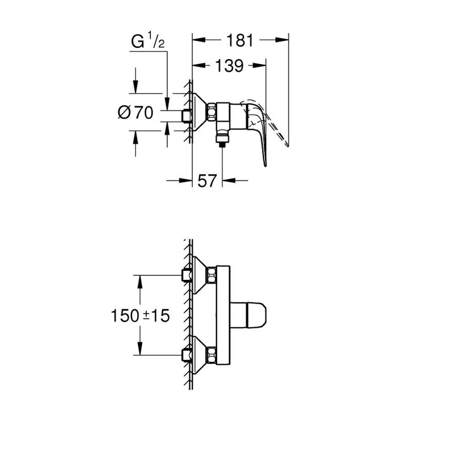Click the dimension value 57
click(207, 181)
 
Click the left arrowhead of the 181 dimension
click(197, 40)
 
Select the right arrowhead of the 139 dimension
click(262, 66)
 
